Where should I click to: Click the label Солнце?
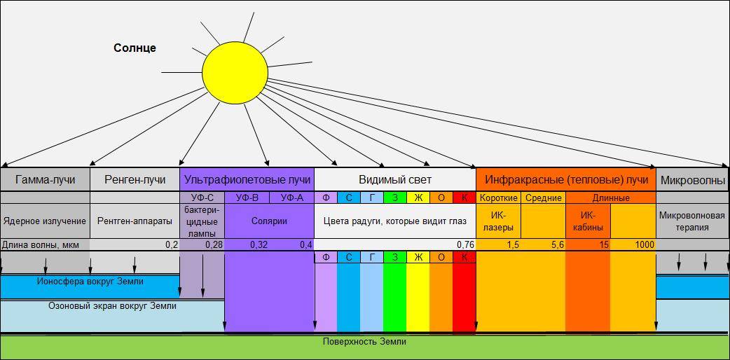click(x=135, y=48)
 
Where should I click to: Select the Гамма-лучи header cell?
click(x=45, y=180)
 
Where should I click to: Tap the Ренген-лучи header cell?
click(x=135, y=180)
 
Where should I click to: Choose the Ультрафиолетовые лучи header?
click(x=247, y=180)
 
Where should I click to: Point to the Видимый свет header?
click(x=394, y=180)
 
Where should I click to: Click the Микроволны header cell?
click(x=692, y=180)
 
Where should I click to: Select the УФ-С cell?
click(x=202, y=198)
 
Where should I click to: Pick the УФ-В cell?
click(x=247, y=198)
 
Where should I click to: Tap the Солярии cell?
click(x=269, y=221)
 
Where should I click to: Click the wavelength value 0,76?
click(x=465, y=245)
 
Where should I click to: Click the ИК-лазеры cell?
click(x=497, y=221)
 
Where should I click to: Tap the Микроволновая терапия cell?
click(x=692, y=221)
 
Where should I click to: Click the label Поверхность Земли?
click(x=364, y=342)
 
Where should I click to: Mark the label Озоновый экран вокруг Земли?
click(x=112, y=306)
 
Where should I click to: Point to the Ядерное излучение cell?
click(x=45, y=221)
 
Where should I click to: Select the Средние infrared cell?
click(x=542, y=198)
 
